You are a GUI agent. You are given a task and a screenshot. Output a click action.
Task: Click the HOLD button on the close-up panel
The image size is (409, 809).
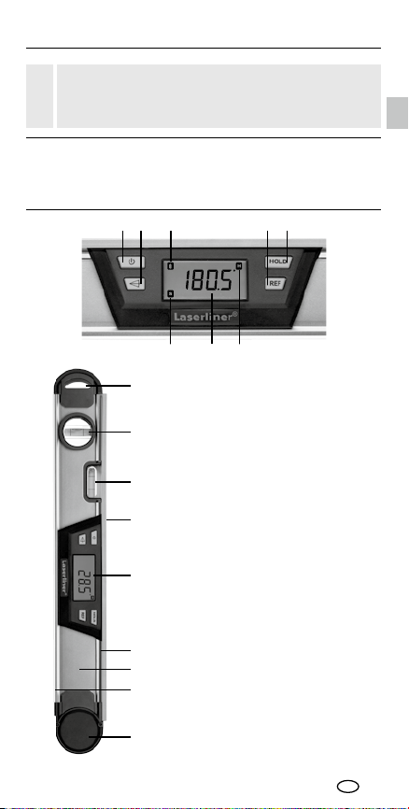click(x=279, y=262)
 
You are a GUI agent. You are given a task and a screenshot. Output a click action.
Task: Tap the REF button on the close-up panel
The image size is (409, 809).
click(x=275, y=283)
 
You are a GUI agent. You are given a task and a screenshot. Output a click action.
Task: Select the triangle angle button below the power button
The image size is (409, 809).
click(x=135, y=283)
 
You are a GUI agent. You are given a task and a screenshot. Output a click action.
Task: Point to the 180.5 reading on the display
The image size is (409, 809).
click(x=209, y=280)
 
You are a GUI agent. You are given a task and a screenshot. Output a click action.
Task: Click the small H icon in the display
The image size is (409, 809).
click(x=239, y=265)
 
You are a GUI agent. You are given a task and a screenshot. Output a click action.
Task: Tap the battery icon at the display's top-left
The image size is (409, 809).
click(x=171, y=265)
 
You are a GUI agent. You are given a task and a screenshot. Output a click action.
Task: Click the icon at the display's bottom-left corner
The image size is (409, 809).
click(x=171, y=294)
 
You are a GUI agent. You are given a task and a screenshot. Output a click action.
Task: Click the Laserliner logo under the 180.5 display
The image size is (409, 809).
click(x=205, y=316)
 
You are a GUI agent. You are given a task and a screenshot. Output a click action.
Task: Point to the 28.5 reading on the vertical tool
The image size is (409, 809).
click(x=83, y=578)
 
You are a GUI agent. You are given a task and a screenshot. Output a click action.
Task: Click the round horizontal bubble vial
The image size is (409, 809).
click(x=77, y=432)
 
